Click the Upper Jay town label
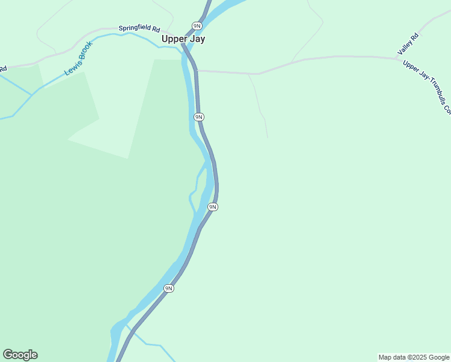coord(183,39)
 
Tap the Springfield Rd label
coord(139,28)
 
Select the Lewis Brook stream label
coord(79,59)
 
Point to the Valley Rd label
coord(408,45)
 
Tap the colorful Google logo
coord(20,355)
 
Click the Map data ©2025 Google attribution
coord(414,357)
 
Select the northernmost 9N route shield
coord(197,25)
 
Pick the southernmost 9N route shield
coord(169,288)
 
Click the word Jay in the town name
coord(197,39)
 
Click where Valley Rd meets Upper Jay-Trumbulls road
coord(398,58)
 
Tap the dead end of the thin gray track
coord(268,138)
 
